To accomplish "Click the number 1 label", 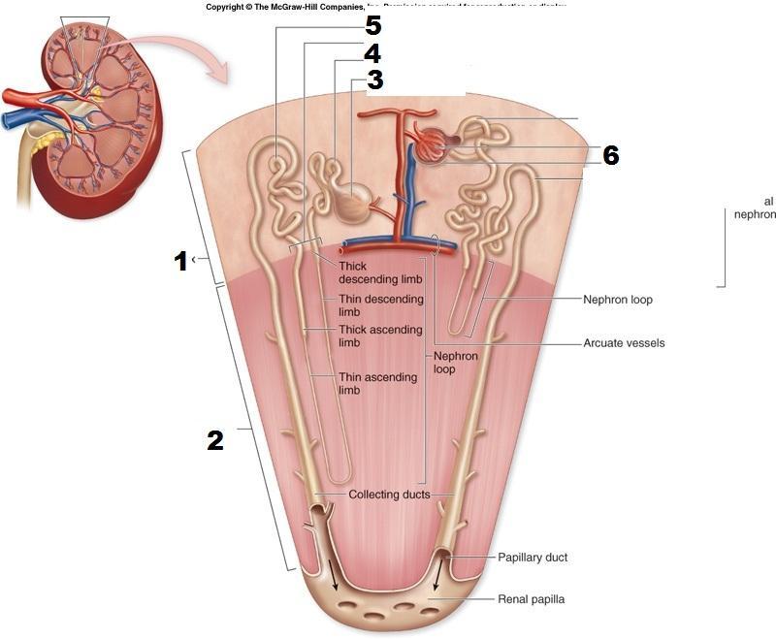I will click(x=180, y=261).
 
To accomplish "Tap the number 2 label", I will click(x=215, y=440).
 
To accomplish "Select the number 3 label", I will click(x=375, y=80).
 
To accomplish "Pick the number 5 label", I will click(x=373, y=26).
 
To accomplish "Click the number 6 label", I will click(x=610, y=155).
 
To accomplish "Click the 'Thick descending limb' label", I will click(x=367, y=272).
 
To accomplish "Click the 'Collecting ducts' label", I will click(x=388, y=495).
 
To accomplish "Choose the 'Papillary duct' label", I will click(x=533, y=558).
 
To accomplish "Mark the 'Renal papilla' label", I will click(x=531, y=599).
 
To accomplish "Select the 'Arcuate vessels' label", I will click(x=624, y=343).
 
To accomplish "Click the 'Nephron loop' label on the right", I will click(x=618, y=300).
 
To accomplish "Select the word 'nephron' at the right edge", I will click(x=755, y=214).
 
